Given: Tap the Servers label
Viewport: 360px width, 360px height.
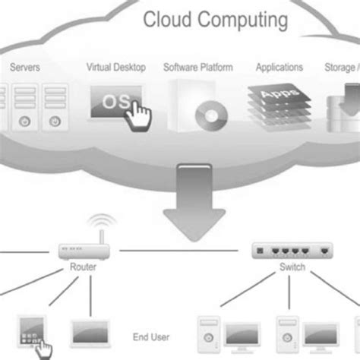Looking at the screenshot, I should pyautogui.click(x=25, y=68).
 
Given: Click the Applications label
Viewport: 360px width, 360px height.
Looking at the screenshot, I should pyautogui.click(x=279, y=68).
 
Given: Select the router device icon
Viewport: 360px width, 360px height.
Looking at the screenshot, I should pyautogui.click(x=82, y=249).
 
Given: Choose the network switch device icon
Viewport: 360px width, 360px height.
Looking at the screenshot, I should pyautogui.click(x=292, y=249).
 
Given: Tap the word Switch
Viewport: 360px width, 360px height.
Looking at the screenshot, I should pyautogui.click(x=292, y=267).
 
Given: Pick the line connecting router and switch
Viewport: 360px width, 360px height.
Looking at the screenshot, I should pyautogui.click(x=182, y=250).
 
